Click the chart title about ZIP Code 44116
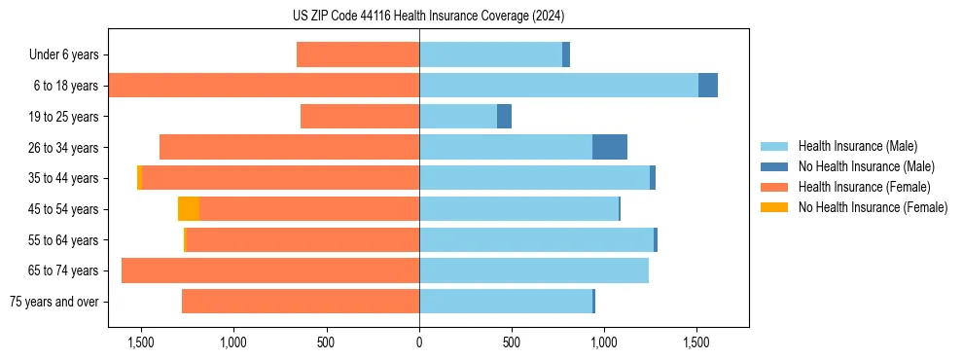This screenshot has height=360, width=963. [428, 16]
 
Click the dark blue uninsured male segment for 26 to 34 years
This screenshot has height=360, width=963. [610, 147]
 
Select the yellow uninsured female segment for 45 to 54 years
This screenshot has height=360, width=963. [189, 209]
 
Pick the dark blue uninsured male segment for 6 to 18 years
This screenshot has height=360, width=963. [708, 86]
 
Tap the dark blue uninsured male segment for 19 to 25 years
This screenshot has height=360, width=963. [504, 117]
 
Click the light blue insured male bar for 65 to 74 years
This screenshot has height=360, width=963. [534, 270]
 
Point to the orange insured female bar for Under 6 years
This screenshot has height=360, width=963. [358, 55]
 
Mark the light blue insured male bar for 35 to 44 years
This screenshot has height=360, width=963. [534, 178]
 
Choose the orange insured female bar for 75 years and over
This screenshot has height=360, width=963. [301, 302]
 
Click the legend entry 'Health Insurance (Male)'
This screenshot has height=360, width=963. [857, 147]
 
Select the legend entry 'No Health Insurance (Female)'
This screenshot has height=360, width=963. [872, 207]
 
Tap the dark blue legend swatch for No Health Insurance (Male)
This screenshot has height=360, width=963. [774, 167]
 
